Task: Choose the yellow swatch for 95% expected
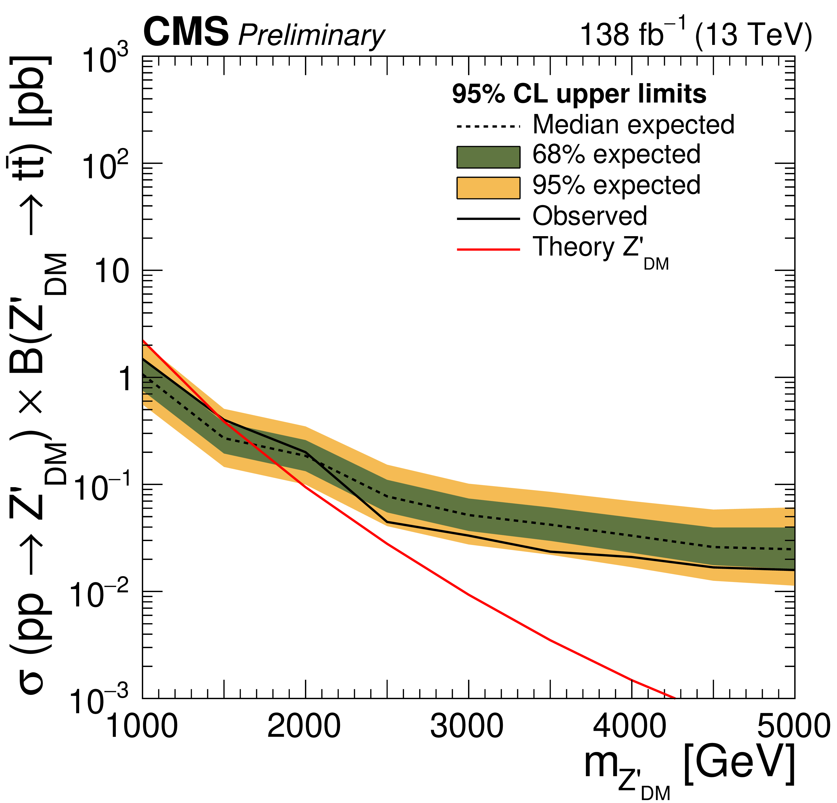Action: (488, 188)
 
